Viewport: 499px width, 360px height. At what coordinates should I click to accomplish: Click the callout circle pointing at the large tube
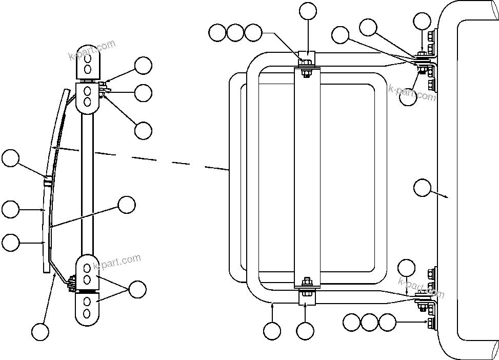pyautogui.click(x=422, y=188)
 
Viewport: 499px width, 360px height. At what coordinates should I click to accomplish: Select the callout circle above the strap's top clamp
pyautogui.click(x=308, y=11)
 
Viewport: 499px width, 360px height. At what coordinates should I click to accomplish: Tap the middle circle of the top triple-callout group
pyautogui.click(x=235, y=33)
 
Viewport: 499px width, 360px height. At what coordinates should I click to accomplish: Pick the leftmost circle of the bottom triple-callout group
pyautogui.click(x=351, y=323)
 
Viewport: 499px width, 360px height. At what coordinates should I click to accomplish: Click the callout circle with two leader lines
pyautogui.click(x=137, y=290)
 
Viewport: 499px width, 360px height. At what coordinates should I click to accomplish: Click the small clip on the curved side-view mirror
pyautogui.click(x=47, y=181)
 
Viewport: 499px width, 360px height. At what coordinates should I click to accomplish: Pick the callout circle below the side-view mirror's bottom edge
pyautogui.click(x=40, y=331)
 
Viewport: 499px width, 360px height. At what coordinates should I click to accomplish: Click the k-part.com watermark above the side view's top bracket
pyautogui.click(x=92, y=51)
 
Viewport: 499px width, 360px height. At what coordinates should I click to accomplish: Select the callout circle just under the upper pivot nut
pyautogui.click(x=409, y=97)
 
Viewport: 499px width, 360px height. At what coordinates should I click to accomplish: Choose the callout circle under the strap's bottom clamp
pyautogui.click(x=305, y=331)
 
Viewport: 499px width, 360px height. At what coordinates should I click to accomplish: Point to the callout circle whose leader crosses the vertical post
pyautogui.click(x=126, y=205)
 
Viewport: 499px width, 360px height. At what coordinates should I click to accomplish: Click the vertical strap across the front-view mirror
pyautogui.click(x=306, y=174)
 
